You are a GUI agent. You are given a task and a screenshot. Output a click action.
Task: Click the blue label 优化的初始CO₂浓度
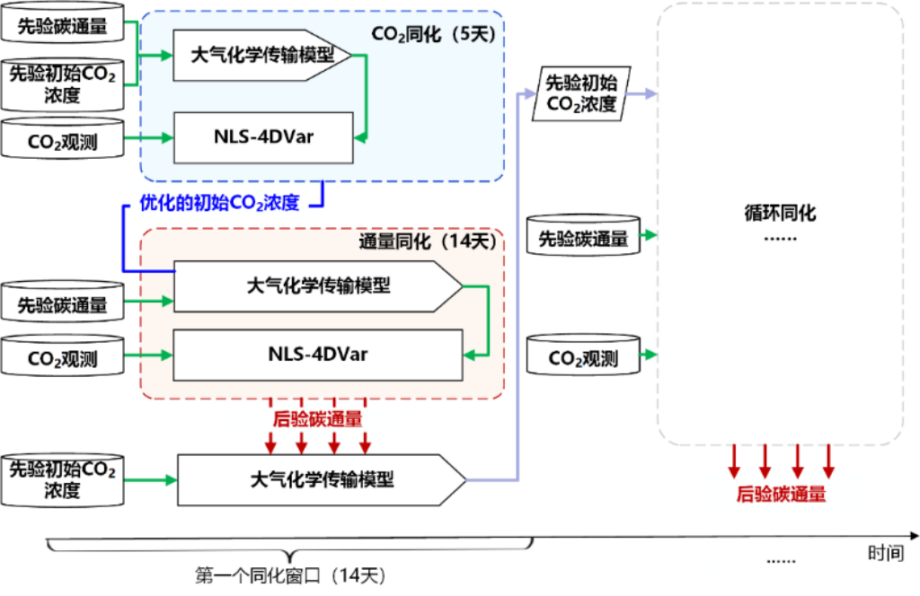coord(219,203)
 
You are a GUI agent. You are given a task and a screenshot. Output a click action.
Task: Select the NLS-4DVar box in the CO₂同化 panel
coord(264,138)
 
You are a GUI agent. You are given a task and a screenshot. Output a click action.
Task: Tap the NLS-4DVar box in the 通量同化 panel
coord(317,355)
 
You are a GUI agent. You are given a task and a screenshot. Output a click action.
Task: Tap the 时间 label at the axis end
coord(884,554)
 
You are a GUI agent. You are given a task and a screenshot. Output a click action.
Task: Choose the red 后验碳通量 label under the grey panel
coord(780,494)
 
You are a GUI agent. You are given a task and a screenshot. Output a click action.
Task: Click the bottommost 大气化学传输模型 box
coord(322,479)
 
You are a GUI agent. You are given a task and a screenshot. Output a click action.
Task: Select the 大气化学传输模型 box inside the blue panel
coord(261,55)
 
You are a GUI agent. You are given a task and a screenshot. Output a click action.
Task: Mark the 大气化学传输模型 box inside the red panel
coord(317,286)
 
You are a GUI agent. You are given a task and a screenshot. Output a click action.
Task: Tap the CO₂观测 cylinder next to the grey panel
coord(583,358)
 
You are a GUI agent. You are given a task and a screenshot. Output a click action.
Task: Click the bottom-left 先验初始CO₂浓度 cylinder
coord(62,479)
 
